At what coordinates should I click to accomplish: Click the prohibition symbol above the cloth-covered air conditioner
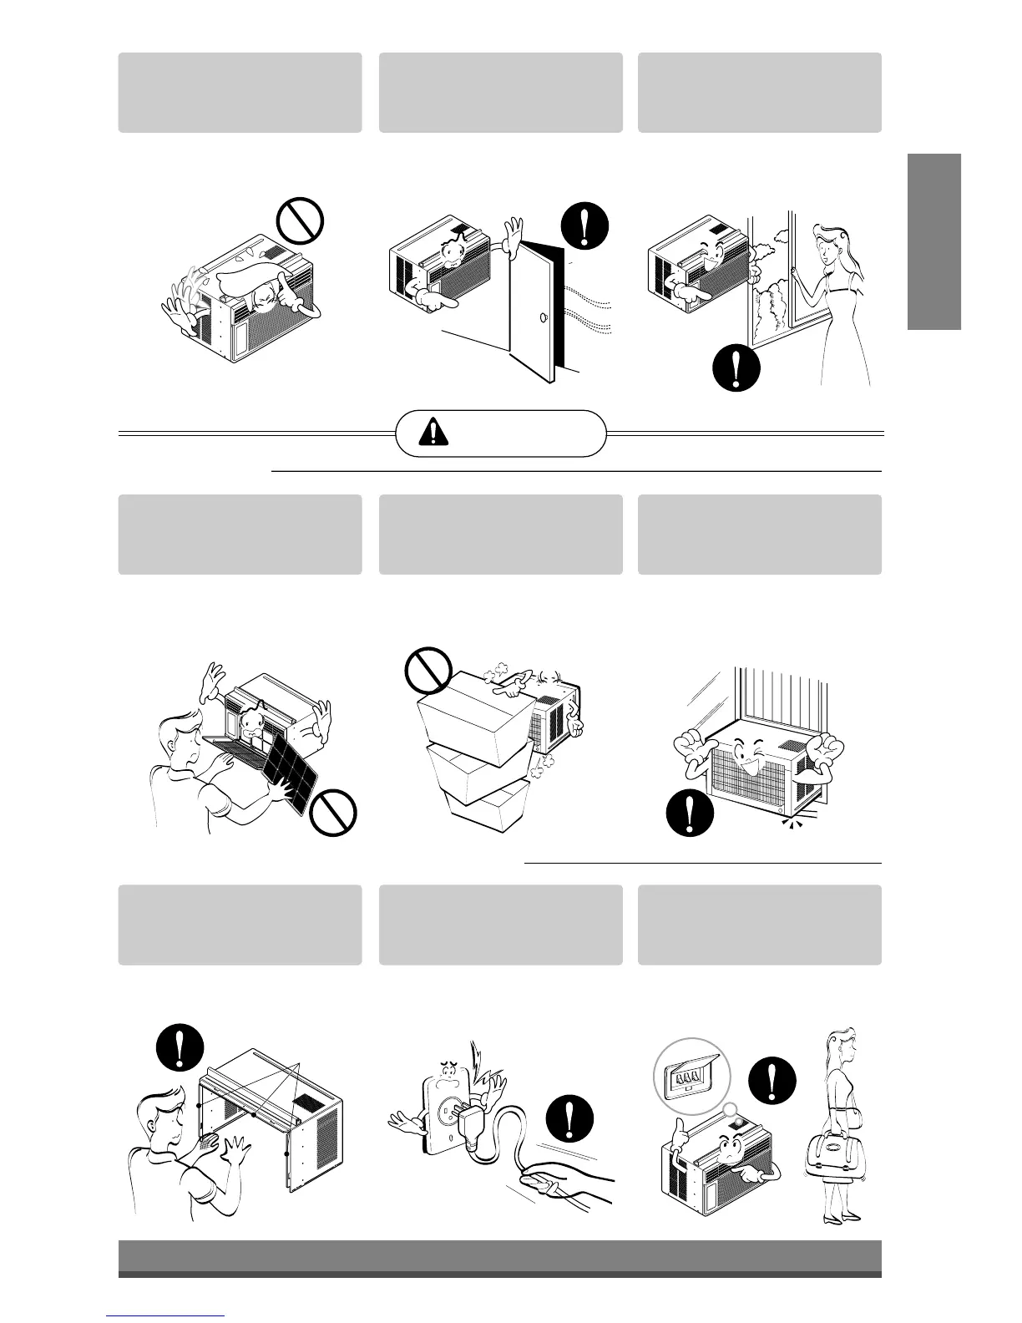click(x=300, y=220)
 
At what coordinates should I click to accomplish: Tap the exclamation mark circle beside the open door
click(x=585, y=226)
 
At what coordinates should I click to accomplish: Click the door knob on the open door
click(x=544, y=317)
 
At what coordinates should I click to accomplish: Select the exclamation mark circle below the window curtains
click(x=736, y=367)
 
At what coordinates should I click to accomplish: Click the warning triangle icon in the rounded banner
click(x=434, y=433)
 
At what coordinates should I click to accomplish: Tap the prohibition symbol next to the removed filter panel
click(x=333, y=813)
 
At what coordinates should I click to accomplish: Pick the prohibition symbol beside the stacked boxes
click(x=428, y=671)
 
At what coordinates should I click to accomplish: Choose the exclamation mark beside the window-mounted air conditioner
click(x=690, y=814)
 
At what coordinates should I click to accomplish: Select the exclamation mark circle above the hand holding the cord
click(x=570, y=1118)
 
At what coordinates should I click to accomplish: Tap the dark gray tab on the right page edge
click(x=935, y=242)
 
